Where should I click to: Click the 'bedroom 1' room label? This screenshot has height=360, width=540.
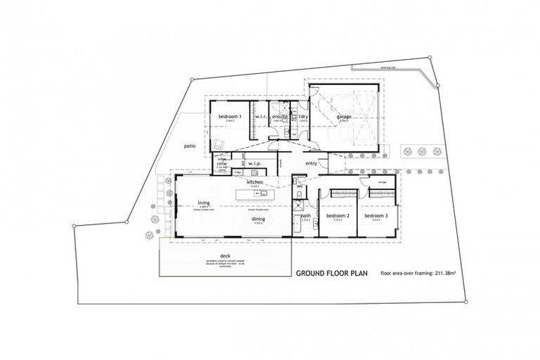click(230, 116)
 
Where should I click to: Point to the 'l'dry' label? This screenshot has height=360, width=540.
click(304, 116)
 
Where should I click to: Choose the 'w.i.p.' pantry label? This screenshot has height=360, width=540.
click(255, 162)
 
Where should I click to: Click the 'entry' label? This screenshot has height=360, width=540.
click(312, 163)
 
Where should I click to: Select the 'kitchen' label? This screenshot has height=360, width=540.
click(255, 182)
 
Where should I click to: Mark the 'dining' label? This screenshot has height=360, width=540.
click(258, 219)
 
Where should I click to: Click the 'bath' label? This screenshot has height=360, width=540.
click(307, 216)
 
